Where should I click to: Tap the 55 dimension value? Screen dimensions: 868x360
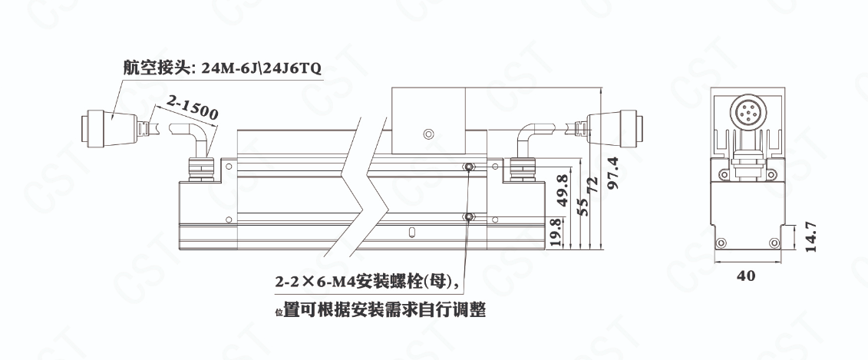coord(581,206)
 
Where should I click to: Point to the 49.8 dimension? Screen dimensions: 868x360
coord(562,190)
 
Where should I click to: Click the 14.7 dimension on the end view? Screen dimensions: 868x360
coord(810,237)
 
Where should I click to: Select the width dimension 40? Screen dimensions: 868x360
coord(746,276)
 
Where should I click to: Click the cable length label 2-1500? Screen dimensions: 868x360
coord(192,107)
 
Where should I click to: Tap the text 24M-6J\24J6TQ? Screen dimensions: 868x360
coord(261,68)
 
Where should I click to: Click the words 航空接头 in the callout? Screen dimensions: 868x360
coord(157,68)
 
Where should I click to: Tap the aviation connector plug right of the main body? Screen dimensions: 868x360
coord(616,128)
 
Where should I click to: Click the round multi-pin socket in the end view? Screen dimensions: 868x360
coord(746,111)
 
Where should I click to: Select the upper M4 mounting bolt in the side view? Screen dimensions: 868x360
coord(470,167)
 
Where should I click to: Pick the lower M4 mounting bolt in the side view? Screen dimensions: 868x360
coord(470,216)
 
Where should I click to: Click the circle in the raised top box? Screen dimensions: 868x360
coord(427,134)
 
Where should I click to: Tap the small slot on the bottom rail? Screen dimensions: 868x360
coord(411,233)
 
